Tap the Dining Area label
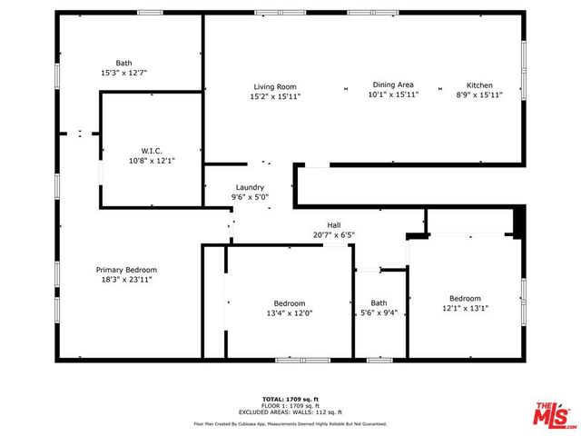(x=393, y=84)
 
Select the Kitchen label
(x=479, y=84)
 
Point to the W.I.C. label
(x=151, y=150)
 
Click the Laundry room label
(x=250, y=187)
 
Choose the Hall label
(x=334, y=225)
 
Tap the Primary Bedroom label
(x=127, y=270)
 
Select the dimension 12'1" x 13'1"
(x=465, y=308)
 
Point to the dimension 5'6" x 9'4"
(x=379, y=313)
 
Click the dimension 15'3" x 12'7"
(x=123, y=73)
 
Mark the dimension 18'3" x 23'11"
(x=127, y=280)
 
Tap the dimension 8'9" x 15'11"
(x=479, y=94)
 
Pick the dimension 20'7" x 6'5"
(x=334, y=235)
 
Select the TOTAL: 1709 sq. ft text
(x=290, y=399)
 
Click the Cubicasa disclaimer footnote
(x=290, y=423)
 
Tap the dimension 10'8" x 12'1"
(x=151, y=160)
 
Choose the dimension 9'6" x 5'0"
(x=250, y=197)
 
